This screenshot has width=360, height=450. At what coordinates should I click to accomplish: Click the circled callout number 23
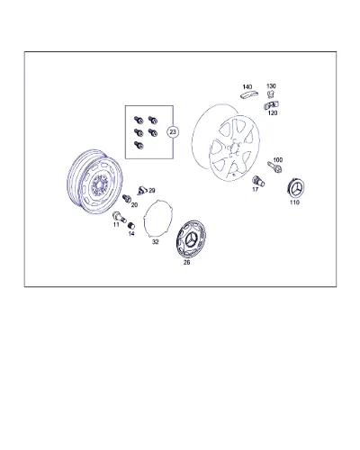[173, 132]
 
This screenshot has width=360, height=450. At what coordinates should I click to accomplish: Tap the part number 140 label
[247, 87]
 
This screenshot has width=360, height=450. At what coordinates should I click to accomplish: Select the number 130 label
[271, 86]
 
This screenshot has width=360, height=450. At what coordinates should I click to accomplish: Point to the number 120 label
[273, 112]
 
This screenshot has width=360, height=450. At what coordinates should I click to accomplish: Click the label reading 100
[278, 160]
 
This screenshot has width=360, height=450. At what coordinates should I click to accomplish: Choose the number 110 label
[294, 202]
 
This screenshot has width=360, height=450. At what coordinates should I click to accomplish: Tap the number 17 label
[255, 189]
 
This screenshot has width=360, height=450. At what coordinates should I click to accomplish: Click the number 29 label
[152, 191]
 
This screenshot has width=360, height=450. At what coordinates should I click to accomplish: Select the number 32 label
[155, 242]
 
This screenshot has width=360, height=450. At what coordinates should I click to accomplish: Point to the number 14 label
[131, 233]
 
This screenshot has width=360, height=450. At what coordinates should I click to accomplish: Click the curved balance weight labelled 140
[249, 94]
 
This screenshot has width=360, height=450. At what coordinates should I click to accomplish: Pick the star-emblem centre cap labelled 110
[296, 188]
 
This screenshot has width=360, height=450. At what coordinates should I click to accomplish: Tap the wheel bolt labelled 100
[274, 166]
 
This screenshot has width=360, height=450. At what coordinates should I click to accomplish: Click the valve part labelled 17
[258, 181]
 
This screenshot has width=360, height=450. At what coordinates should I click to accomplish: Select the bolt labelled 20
[127, 198]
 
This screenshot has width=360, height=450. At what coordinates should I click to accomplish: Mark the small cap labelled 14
[131, 225]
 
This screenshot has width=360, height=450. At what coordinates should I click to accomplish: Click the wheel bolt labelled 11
[119, 217]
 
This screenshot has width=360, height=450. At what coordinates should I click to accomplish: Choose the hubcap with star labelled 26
[191, 238]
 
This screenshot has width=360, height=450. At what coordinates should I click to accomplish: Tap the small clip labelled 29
[141, 191]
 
